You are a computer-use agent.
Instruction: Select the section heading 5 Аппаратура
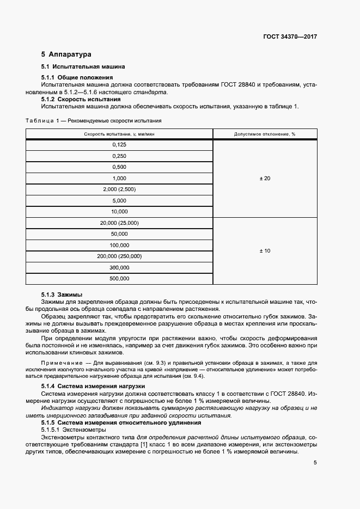(66, 54)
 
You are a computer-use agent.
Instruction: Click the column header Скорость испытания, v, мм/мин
(119, 134)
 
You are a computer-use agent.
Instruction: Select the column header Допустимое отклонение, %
(265, 134)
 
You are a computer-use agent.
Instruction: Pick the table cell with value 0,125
(119, 145)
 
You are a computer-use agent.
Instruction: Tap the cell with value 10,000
(119, 211)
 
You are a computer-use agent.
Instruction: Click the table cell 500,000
(119, 278)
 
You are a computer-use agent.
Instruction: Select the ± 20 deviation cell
(265, 178)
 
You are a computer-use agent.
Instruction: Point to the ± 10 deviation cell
(265, 250)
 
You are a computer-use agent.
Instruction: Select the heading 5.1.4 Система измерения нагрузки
(89, 386)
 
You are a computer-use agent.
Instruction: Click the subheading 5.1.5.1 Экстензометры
(72, 430)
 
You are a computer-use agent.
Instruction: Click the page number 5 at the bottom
(315, 463)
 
